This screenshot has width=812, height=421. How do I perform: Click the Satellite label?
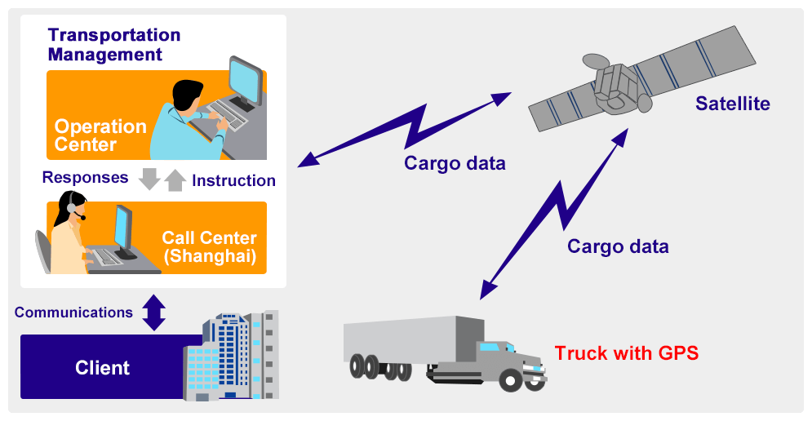pos(732,104)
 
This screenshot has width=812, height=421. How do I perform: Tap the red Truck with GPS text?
pos(627,353)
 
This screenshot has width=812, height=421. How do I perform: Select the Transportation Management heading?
pos(113,45)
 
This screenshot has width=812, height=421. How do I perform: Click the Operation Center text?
pos(100,135)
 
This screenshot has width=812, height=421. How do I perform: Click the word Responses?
pos(85,177)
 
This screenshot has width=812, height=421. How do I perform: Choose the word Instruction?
pos(233,180)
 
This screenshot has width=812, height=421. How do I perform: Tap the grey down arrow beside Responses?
pos(149,179)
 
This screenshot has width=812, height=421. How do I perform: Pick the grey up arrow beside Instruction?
pos(175,179)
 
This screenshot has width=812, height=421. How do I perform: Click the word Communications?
pos(73,312)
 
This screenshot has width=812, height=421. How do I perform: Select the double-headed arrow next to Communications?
pos(154,312)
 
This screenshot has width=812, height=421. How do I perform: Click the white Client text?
pos(102,368)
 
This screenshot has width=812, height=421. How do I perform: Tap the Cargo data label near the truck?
pos(618,246)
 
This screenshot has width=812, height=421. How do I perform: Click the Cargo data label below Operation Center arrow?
pos(455,163)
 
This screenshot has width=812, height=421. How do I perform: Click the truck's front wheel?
pos(511,379)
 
